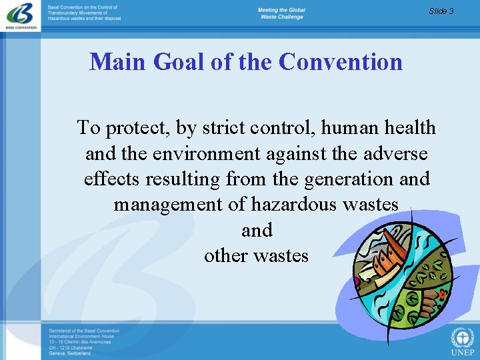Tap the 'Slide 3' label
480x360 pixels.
point(441,11)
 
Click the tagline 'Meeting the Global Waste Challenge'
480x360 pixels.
point(281,13)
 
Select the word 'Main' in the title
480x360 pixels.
point(118,62)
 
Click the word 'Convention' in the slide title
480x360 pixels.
point(341,62)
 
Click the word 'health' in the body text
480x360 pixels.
point(405,127)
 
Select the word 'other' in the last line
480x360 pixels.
point(225,255)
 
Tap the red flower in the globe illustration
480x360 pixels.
point(441,293)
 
